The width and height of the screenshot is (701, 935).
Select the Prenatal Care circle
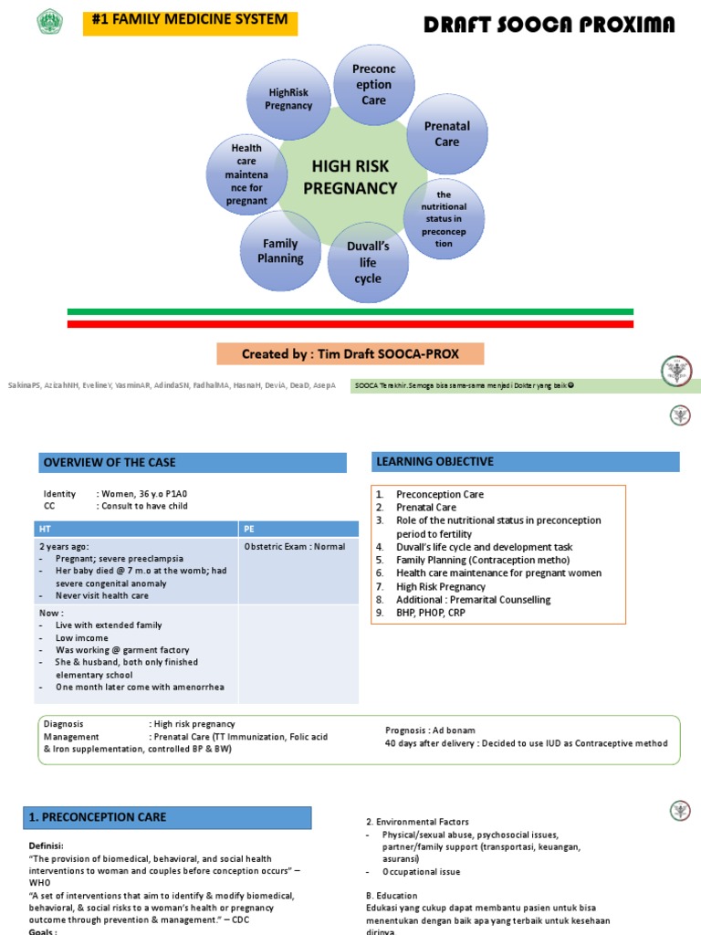click(446, 134)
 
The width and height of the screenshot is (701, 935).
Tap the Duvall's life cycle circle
click(368, 262)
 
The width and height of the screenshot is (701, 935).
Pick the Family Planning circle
click(281, 251)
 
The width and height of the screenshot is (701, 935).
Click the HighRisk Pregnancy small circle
click(288, 99)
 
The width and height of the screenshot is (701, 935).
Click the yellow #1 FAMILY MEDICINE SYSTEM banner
click(190, 19)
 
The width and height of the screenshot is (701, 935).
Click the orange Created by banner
click(350, 354)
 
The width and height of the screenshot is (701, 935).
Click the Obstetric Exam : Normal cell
click(295, 547)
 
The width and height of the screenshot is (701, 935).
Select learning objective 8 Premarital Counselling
click(473, 600)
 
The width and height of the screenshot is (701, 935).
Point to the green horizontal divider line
click(350, 311)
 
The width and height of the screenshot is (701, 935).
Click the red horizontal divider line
click(350, 323)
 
